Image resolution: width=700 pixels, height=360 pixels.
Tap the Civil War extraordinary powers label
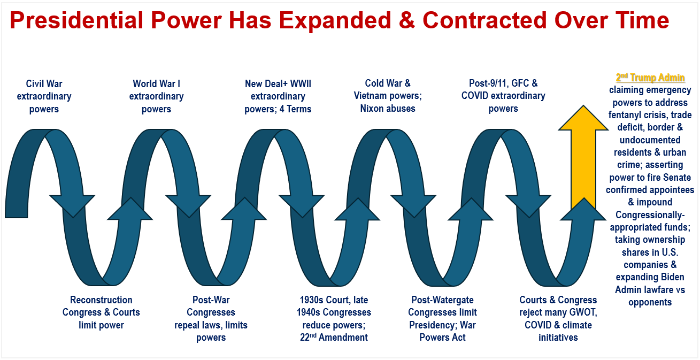click(44, 96)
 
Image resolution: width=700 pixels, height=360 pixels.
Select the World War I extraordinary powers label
click(156, 96)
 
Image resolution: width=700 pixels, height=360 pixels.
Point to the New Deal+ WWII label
click(278, 96)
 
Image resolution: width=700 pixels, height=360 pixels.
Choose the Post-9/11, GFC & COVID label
click(503, 96)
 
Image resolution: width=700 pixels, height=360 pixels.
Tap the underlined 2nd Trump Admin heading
click(650, 78)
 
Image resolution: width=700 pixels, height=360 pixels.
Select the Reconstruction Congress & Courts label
click(101, 312)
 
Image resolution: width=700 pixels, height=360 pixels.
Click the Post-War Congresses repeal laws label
click(211, 318)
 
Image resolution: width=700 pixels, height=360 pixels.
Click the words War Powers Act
click(442, 331)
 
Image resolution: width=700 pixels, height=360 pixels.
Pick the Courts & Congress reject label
click(558, 318)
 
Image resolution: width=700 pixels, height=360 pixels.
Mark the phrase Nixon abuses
click(388, 109)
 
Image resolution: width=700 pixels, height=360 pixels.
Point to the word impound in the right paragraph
click(654, 203)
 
